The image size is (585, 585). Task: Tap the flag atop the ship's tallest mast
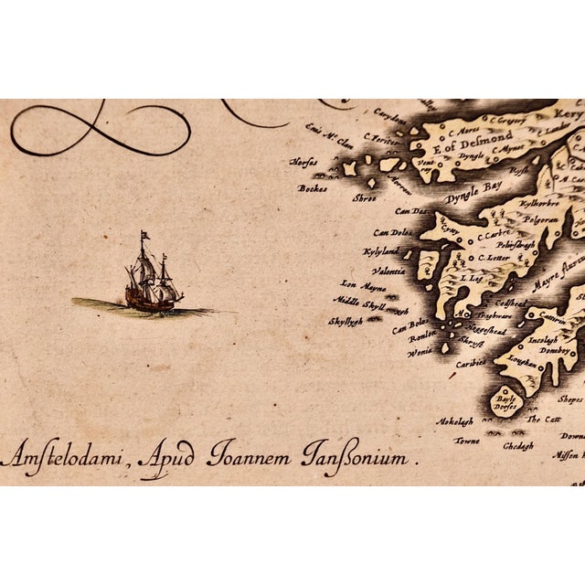144,238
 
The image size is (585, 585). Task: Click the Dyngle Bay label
475,197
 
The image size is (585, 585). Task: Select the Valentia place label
388,271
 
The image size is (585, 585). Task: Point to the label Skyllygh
347,321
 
